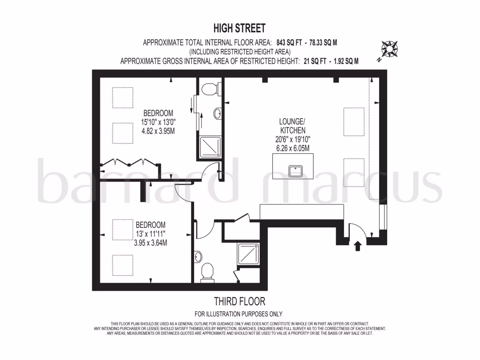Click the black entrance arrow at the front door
coord(358,245)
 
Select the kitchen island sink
coord(296,171)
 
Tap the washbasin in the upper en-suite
coord(217,113)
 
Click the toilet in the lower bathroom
coord(207,272)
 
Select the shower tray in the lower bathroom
coord(248,254)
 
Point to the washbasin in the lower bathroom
coord(198,256)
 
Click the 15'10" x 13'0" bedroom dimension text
coord(158,122)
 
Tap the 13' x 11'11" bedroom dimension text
coord(150,233)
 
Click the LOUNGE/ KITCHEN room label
coord(292,126)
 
